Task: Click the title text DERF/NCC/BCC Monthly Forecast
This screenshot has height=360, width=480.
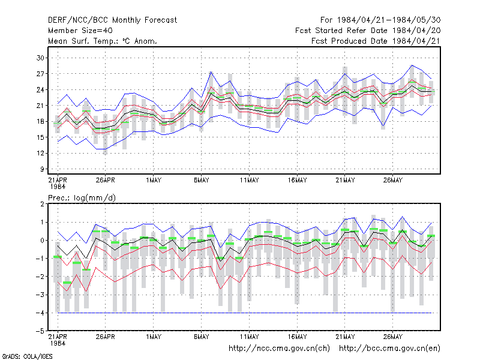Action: [112, 20]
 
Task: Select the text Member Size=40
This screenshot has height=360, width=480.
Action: [80, 31]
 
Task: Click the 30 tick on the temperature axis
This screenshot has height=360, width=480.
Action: [40, 58]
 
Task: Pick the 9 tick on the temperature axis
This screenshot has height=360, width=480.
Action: [42, 169]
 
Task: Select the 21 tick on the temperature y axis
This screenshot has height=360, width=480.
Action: [40, 106]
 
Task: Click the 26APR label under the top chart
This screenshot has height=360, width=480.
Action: [106, 181]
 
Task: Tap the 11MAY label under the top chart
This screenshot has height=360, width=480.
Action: [249, 181]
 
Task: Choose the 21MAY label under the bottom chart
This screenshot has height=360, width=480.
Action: [345, 337]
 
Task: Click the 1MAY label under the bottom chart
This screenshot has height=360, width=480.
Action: [154, 337]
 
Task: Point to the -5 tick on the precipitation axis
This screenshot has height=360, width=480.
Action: [40, 331]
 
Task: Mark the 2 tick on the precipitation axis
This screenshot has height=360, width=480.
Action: [42, 204]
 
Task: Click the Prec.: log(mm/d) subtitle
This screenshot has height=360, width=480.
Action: [82, 198]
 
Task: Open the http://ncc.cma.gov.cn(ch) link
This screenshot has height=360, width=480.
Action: [279, 349]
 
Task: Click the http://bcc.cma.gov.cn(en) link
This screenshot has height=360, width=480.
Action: [389, 349]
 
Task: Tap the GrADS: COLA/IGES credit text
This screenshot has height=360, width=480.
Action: [27, 356]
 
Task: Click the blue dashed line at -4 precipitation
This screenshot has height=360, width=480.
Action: [245, 313]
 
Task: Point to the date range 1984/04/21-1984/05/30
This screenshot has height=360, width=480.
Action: [389, 20]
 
